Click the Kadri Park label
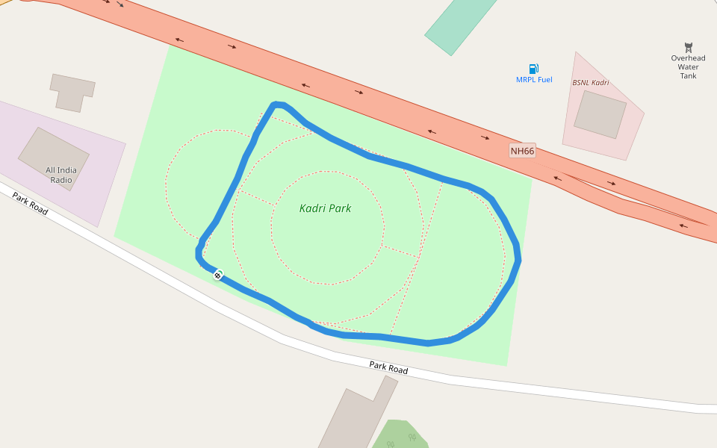click(325, 208)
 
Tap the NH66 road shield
click(523, 152)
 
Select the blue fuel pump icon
click(534, 69)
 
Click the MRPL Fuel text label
click(534, 80)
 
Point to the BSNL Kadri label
click(590, 82)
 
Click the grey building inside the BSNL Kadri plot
click(600, 113)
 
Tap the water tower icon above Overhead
click(688, 47)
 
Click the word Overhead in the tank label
click(688, 58)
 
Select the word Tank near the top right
click(688, 76)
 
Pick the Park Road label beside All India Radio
click(31, 203)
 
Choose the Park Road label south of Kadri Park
click(388, 369)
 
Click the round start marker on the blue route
click(217, 276)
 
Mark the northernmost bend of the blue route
click(278, 105)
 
